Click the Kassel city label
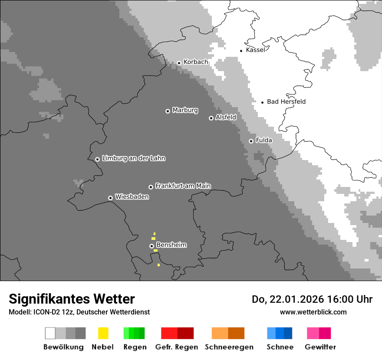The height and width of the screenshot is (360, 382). pos(255,50)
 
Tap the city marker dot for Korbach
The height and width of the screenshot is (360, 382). pos(179,63)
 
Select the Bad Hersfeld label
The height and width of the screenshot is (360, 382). pos(286,101)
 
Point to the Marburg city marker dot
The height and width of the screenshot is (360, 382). pos(168,111)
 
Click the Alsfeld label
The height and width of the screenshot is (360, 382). pos(226,117)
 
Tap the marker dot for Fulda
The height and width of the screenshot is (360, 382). pos(251,141)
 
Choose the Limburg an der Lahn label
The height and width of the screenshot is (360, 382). pos(134,158)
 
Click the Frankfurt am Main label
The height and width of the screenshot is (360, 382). pos(183,186)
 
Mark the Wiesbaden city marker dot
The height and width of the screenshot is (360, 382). pos(110,198)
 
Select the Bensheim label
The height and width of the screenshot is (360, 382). pos(171,245)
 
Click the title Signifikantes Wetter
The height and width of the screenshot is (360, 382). pos(72,299)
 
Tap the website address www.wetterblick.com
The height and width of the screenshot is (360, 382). pos(313,312)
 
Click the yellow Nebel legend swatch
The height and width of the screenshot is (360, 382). pos(103,333)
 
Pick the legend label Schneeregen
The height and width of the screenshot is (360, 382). pos(229,347)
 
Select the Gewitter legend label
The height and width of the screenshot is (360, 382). pos(320,347)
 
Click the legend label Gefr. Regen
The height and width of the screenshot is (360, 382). pos(177,347)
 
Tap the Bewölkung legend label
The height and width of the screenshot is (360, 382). pos(63,347)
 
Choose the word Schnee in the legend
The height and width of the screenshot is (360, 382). pos(280,347)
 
